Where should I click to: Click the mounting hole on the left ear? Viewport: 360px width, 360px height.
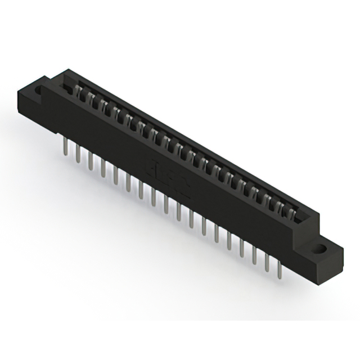(x=40, y=89)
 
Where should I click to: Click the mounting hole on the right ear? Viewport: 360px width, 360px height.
(x=325, y=247)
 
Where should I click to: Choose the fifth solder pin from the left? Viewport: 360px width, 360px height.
(x=116, y=175)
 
